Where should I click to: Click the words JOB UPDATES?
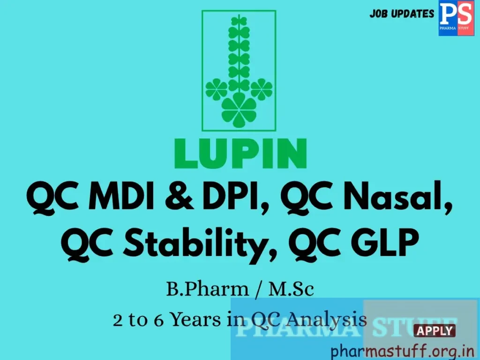(x=402, y=14)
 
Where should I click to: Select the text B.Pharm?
(x=207, y=289)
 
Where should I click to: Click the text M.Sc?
(x=291, y=289)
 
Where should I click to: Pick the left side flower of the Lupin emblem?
(x=216, y=89)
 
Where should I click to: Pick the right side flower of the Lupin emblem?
(x=261, y=89)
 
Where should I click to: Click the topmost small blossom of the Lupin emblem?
(x=239, y=21)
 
